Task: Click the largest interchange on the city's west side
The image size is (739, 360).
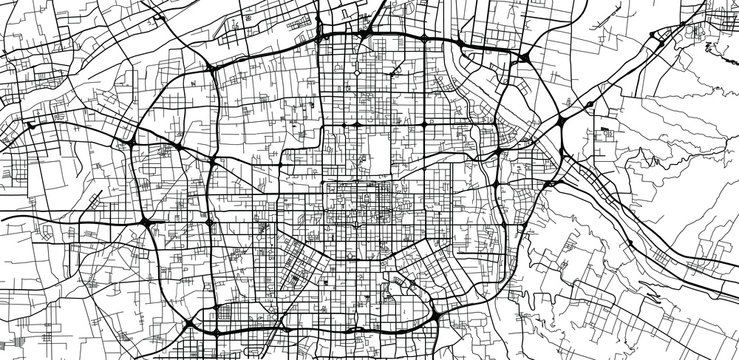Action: (x=146, y=221)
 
